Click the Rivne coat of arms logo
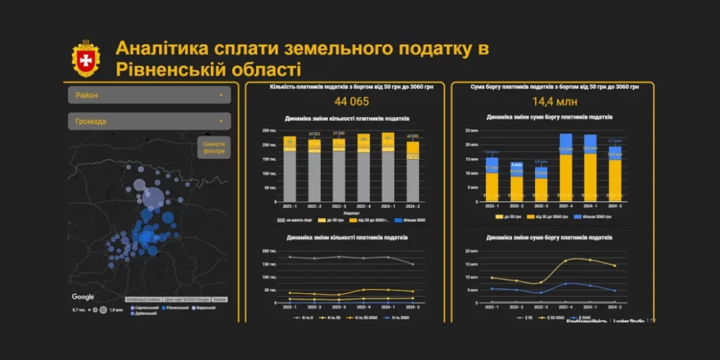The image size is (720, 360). click(x=85, y=58)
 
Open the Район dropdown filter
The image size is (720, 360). click(x=149, y=95)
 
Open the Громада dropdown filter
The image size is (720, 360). click(x=149, y=122)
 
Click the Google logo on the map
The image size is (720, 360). click(x=83, y=297)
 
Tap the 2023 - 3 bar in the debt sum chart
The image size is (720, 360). click(x=541, y=182)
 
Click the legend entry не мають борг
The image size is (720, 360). click(x=299, y=220)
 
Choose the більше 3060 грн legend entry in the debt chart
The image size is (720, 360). click(x=600, y=217)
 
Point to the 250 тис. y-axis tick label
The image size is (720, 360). click(x=268, y=131)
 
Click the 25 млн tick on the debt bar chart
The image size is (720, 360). click(x=471, y=131)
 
